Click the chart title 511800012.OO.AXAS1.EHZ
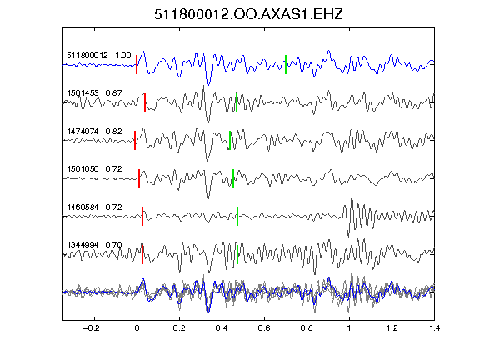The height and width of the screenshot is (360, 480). tap(248, 14)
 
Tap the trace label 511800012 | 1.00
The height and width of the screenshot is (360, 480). tap(99, 56)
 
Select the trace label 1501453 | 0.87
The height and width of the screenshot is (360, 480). tap(94, 93)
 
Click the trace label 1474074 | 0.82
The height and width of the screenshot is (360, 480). tap(94, 132)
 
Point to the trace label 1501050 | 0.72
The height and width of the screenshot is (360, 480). tap(94, 169)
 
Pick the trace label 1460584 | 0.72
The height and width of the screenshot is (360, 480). tap(94, 207)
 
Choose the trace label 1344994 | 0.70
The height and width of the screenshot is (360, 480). tap(94, 245)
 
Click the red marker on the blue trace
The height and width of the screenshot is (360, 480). tap(137, 65)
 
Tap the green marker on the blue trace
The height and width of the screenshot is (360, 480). tap(286, 65)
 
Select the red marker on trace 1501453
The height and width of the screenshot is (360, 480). tap(145, 102)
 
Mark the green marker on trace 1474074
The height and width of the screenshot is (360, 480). tap(230, 141)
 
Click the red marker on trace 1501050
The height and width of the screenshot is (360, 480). tap(139, 178)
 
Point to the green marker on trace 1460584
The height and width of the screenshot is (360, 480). tap(237, 217)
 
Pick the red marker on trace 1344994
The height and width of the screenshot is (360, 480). tap(142, 254)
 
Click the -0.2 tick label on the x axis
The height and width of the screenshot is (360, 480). tap(91, 328)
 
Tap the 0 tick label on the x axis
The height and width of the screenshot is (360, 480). tap(137, 328)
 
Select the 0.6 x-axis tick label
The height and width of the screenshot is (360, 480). tap(264, 328)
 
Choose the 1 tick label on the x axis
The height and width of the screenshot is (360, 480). tap(349, 328)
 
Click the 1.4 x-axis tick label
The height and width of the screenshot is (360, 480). tap(435, 328)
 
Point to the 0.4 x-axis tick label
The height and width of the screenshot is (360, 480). tap(222, 328)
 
